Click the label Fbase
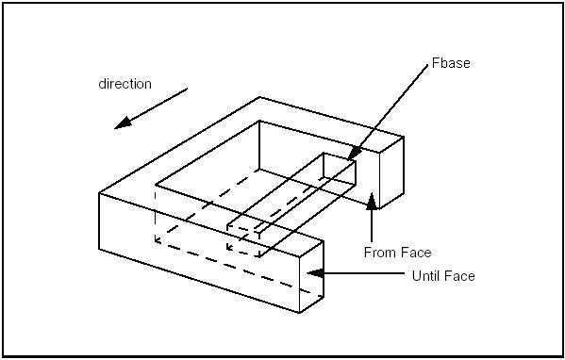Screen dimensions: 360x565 tap(450, 63)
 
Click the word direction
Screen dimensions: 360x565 tap(125, 84)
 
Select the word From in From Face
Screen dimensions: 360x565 tap(380, 253)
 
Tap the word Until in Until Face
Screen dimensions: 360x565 tap(427, 276)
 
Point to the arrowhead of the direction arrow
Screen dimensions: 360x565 tap(116, 126)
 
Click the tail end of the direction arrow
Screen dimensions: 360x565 tap(187, 90)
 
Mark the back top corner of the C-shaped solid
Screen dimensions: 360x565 tap(259, 97)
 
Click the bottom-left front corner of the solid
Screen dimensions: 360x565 tap(100, 249)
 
